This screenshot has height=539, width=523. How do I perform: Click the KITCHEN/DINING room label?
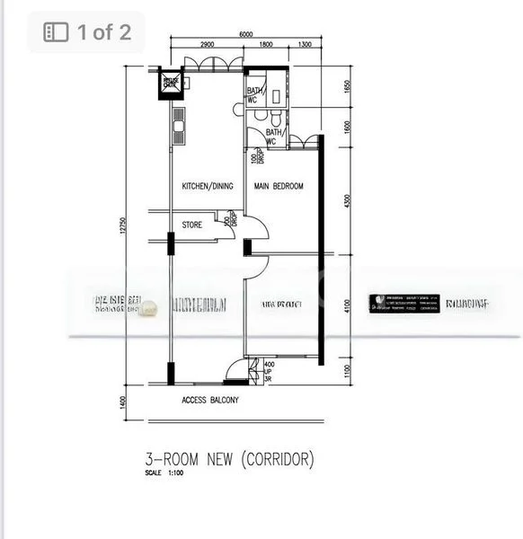click(x=208, y=187)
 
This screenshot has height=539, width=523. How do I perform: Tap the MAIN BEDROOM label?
click(x=279, y=187)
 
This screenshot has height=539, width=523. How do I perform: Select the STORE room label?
click(x=192, y=225)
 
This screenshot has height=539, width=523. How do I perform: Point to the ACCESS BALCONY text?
click(x=210, y=401)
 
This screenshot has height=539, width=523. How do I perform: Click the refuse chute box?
click(x=171, y=84)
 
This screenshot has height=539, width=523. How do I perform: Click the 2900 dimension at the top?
click(x=206, y=45)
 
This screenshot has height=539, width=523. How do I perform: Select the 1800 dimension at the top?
click(x=267, y=45)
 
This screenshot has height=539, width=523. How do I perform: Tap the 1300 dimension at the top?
click(x=305, y=45)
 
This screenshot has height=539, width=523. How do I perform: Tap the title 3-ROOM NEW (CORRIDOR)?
click(x=230, y=460)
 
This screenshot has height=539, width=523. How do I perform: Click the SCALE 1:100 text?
click(x=166, y=474)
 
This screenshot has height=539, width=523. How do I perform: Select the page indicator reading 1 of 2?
click(x=87, y=33)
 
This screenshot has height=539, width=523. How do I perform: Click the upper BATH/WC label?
click(x=254, y=94)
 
